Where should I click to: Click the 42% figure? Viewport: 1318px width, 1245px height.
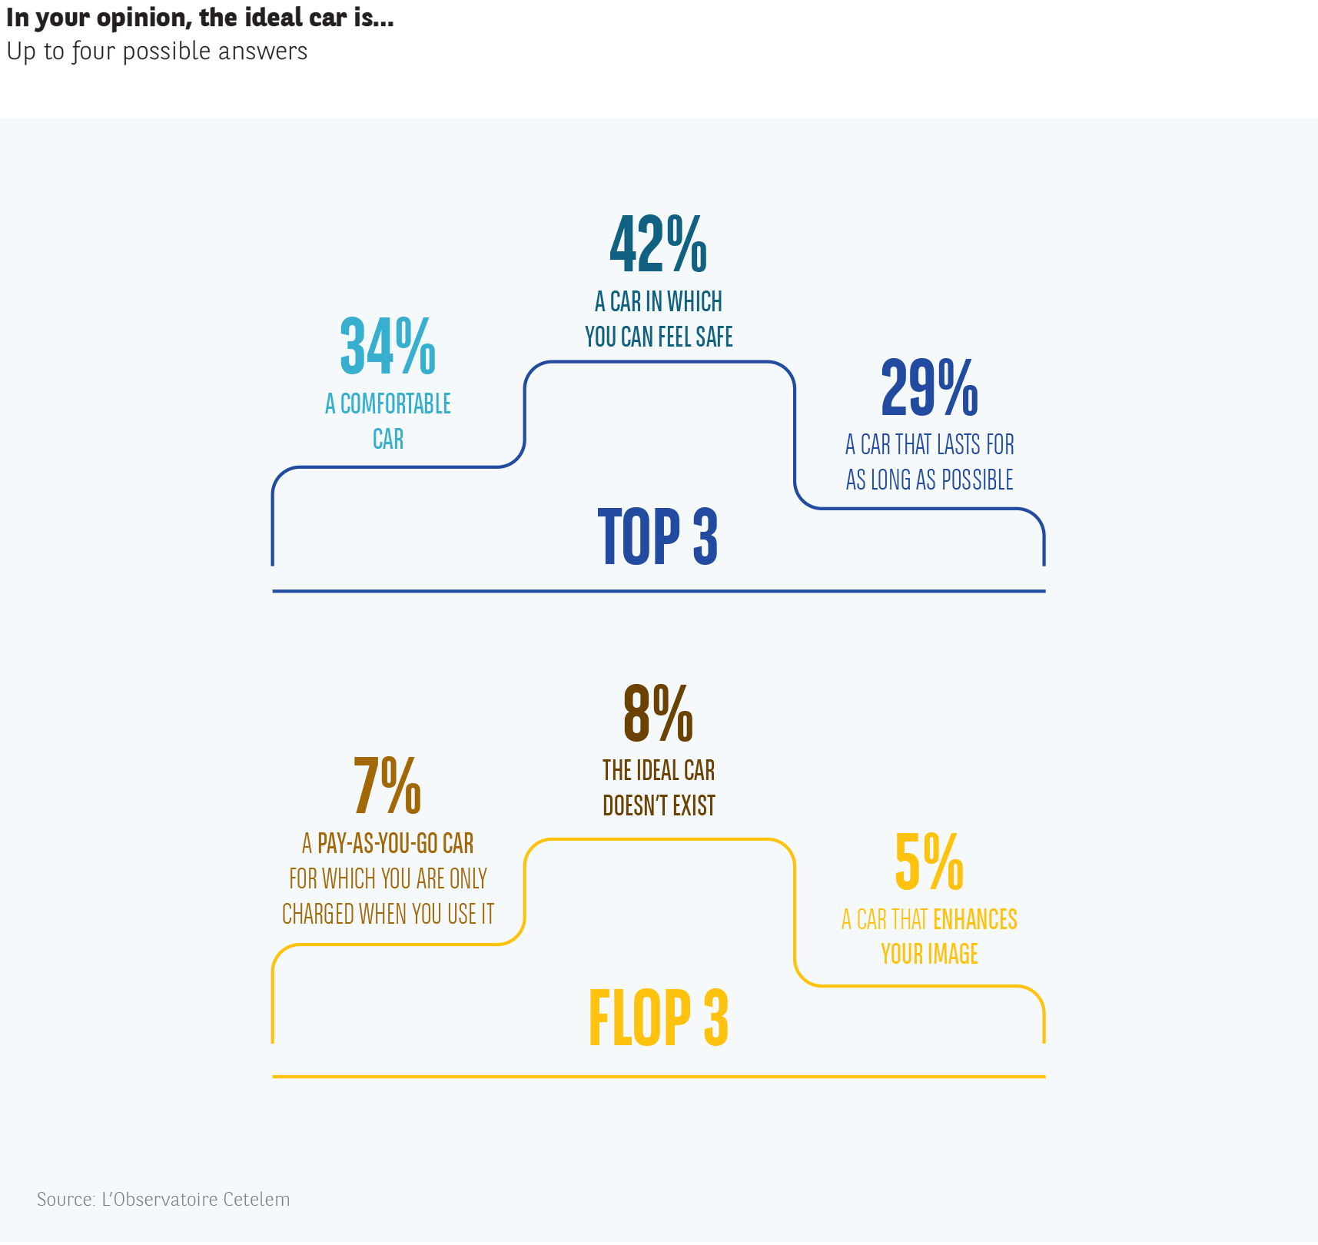[x=658, y=244]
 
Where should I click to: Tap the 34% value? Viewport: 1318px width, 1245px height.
[x=387, y=347]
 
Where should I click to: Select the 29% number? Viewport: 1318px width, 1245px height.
[x=929, y=387]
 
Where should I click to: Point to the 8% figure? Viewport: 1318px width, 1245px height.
[x=658, y=713]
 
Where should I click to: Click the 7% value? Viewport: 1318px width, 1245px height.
[x=387, y=785]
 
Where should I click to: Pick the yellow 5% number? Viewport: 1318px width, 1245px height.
[x=929, y=862]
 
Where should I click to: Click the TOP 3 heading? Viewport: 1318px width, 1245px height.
[x=658, y=536]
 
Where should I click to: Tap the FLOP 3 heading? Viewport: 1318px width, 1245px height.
[x=658, y=1018]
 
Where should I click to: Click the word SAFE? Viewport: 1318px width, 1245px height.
[x=714, y=337]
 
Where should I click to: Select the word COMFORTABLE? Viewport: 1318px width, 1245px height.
[x=396, y=404]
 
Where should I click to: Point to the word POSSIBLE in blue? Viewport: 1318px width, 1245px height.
[x=977, y=480]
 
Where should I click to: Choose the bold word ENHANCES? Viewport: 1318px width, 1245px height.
[x=974, y=920]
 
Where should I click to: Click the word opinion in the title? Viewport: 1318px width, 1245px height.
[x=143, y=18]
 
